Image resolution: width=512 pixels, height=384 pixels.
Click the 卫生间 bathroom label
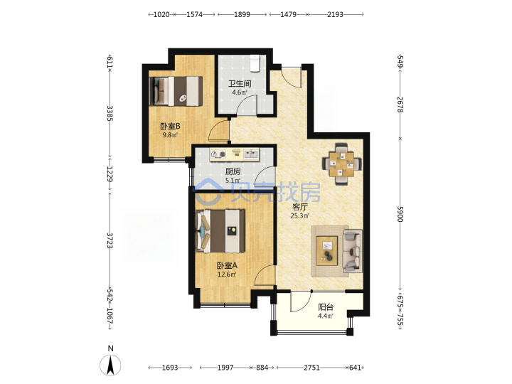(240, 84)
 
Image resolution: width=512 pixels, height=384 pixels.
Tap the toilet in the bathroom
(255, 63)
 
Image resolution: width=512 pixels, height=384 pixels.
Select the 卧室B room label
(170, 126)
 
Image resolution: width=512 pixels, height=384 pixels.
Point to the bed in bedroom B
(176, 91)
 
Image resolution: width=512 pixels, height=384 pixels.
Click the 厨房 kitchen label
(233, 171)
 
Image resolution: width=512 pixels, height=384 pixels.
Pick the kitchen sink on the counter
(251, 154)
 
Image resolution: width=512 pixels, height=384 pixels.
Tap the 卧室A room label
(227, 266)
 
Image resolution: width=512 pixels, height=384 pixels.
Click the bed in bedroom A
(220, 231)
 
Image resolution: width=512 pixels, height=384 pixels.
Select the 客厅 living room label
(300, 207)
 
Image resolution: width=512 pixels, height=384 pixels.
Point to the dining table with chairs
(342, 164)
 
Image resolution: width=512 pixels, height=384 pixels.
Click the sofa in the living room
(353, 251)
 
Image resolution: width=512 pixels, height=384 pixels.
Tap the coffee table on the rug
(327, 251)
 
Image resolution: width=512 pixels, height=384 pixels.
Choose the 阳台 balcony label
(326, 307)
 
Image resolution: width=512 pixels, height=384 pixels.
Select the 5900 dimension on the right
(400, 214)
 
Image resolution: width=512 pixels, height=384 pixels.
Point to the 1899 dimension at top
(242, 14)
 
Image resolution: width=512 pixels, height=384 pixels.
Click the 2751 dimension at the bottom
(312, 368)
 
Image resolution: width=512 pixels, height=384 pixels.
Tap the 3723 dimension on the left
(110, 240)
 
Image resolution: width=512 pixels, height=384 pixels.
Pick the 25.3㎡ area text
(300, 215)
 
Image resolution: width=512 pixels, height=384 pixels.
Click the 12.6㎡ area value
(227, 274)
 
